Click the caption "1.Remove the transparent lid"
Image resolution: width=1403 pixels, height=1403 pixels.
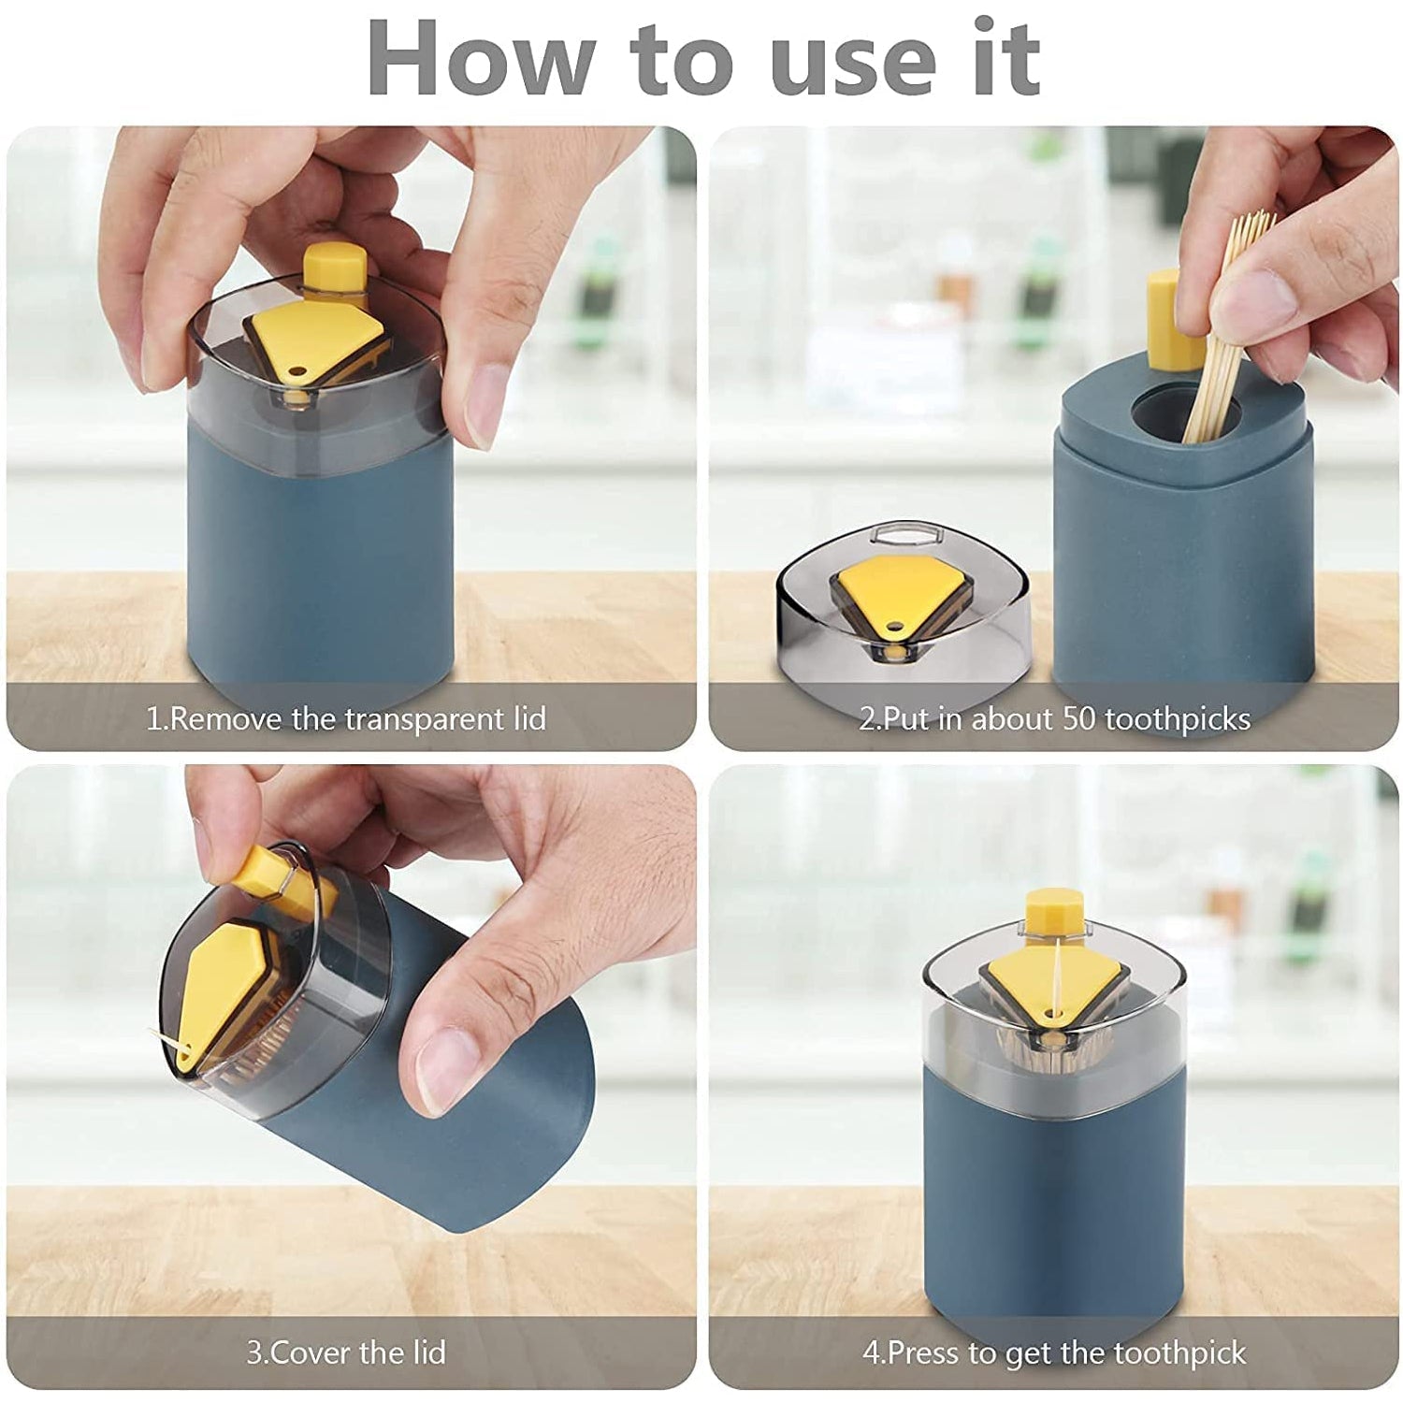[x=346, y=719]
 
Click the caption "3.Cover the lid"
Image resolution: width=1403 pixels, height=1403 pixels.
[x=346, y=1352]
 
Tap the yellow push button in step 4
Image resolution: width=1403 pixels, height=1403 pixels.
[x=1053, y=913]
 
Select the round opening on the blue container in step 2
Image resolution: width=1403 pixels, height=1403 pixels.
[x=1183, y=417]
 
